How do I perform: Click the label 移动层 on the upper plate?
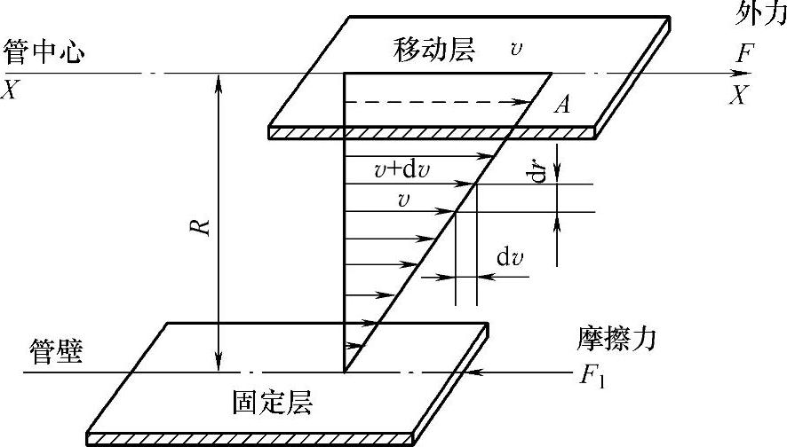tap(434, 51)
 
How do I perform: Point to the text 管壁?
tap(55, 352)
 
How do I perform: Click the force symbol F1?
tap(592, 376)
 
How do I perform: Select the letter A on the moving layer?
tap(560, 106)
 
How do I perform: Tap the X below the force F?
tap(737, 95)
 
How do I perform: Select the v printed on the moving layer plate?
tap(516, 50)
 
